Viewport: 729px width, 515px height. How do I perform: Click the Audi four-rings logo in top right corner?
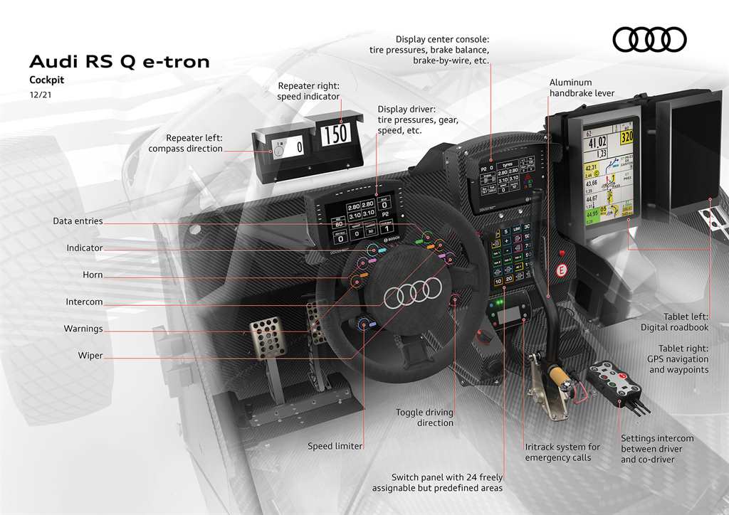(x=649, y=39)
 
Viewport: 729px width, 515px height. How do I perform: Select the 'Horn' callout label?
(x=93, y=275)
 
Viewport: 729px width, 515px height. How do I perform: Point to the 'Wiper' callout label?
(x=90, y=356)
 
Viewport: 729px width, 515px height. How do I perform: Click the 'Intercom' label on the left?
(x=84, y=302)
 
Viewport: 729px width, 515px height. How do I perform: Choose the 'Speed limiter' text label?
(x=335, y=447)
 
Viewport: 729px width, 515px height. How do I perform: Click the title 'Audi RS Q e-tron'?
(x=119, y=62)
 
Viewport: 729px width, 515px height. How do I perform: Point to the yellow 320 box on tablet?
(x=626, y=137)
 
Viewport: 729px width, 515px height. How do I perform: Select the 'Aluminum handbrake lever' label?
(x=582, y=88)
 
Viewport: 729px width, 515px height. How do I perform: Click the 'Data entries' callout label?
(x=78, y=222)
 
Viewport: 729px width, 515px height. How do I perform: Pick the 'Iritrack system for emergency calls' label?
(x=562, y=452)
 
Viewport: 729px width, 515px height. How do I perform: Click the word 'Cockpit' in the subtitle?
(x=46, y=80)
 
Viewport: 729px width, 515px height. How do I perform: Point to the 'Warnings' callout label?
(x=83, y=329)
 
